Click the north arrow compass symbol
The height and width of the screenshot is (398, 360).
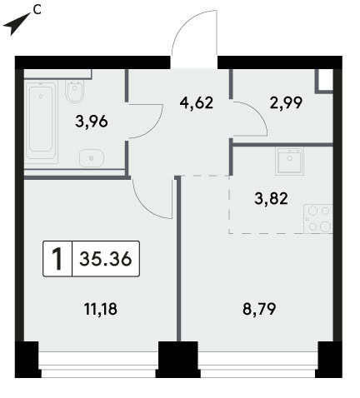15,25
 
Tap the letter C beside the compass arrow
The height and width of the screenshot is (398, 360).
37,10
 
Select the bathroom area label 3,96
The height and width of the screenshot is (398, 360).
92,122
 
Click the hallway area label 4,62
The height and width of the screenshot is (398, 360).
197,102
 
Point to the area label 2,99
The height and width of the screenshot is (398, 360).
286,102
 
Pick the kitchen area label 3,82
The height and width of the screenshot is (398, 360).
271,198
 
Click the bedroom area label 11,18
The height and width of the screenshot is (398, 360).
101,309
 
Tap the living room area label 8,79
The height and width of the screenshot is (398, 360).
259,309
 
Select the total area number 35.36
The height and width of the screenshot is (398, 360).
106,259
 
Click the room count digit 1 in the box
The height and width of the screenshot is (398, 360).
57,259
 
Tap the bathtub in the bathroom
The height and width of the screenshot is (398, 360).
41,122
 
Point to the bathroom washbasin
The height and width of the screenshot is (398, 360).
92,158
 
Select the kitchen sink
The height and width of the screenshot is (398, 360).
289,161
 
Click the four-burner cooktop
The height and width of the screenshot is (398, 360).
318,219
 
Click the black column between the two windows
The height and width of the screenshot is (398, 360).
178,360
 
